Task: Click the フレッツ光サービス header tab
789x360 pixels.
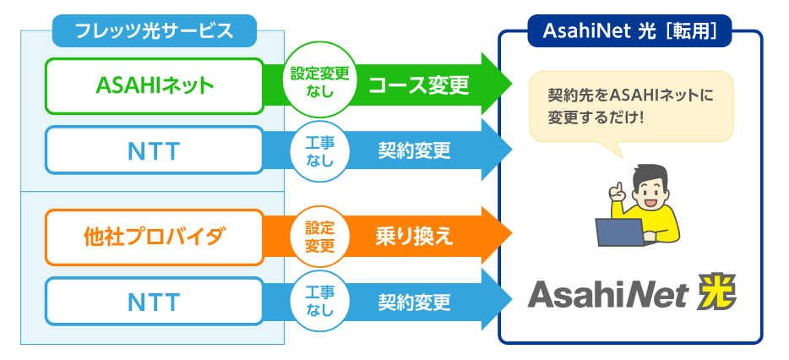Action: point(155,30)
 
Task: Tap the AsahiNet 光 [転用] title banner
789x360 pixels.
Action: point(629,30)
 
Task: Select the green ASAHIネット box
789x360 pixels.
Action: point(155,86)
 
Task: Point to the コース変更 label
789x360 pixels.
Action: point(419,86)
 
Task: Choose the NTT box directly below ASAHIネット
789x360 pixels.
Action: point(155,150)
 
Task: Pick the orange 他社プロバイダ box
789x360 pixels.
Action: point(155,237)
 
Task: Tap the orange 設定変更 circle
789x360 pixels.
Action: point(319,237)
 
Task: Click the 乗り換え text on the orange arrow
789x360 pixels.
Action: point(414,237)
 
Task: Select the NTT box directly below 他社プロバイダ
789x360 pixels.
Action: point(155,301)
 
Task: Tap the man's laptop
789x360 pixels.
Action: point(620,232)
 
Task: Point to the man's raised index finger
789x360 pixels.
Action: point(614,188)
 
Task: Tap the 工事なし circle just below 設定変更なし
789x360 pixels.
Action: point(319,151)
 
